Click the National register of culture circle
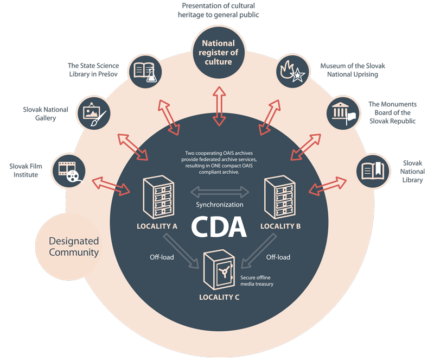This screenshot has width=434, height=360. pyautogui.click(x=219, y=53)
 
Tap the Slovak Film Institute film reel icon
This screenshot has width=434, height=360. pyautogui.click(x=69, y=170)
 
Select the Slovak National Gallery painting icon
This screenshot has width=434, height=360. pyautogui.click(x=93, y=113)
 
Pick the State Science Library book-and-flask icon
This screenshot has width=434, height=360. pyautogui.click(x=145, y=72)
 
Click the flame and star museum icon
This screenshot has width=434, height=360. pyautogui.click(x=292, y=72)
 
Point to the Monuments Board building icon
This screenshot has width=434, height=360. pyautogui.click(x=343, y=113)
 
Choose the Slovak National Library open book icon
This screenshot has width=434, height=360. pyautogui.click(x=373, y=170)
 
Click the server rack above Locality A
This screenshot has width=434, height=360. pyautogui.click(x=158, y=197)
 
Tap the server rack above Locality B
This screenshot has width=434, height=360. pyautogui.click(x=279, y=197)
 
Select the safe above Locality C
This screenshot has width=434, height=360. pyautogui.click(x=219, y=269)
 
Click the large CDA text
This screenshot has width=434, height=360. pyautogui.click(x=219, y=227)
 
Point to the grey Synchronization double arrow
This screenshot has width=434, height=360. pyautogui.click(x=220, y=192)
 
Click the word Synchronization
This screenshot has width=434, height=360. pyautogui.click(x=220, y=205)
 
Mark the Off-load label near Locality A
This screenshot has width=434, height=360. pyautogui.click(x=162, y=257)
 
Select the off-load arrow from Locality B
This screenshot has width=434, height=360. pyautogui.click(x=259, y=251)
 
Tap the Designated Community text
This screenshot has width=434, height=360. pyautogui.click(x=74, y=247)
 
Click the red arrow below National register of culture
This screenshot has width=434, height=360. pyautogui.click(x=219, y=106)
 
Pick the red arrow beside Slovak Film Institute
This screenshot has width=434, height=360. pyautogui.click(x=111, y=186)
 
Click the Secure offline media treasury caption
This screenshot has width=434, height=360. pyautogui.click(x=257, y=281)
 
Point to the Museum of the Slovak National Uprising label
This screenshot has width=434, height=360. pyautogui.click(x=353, y=70)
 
